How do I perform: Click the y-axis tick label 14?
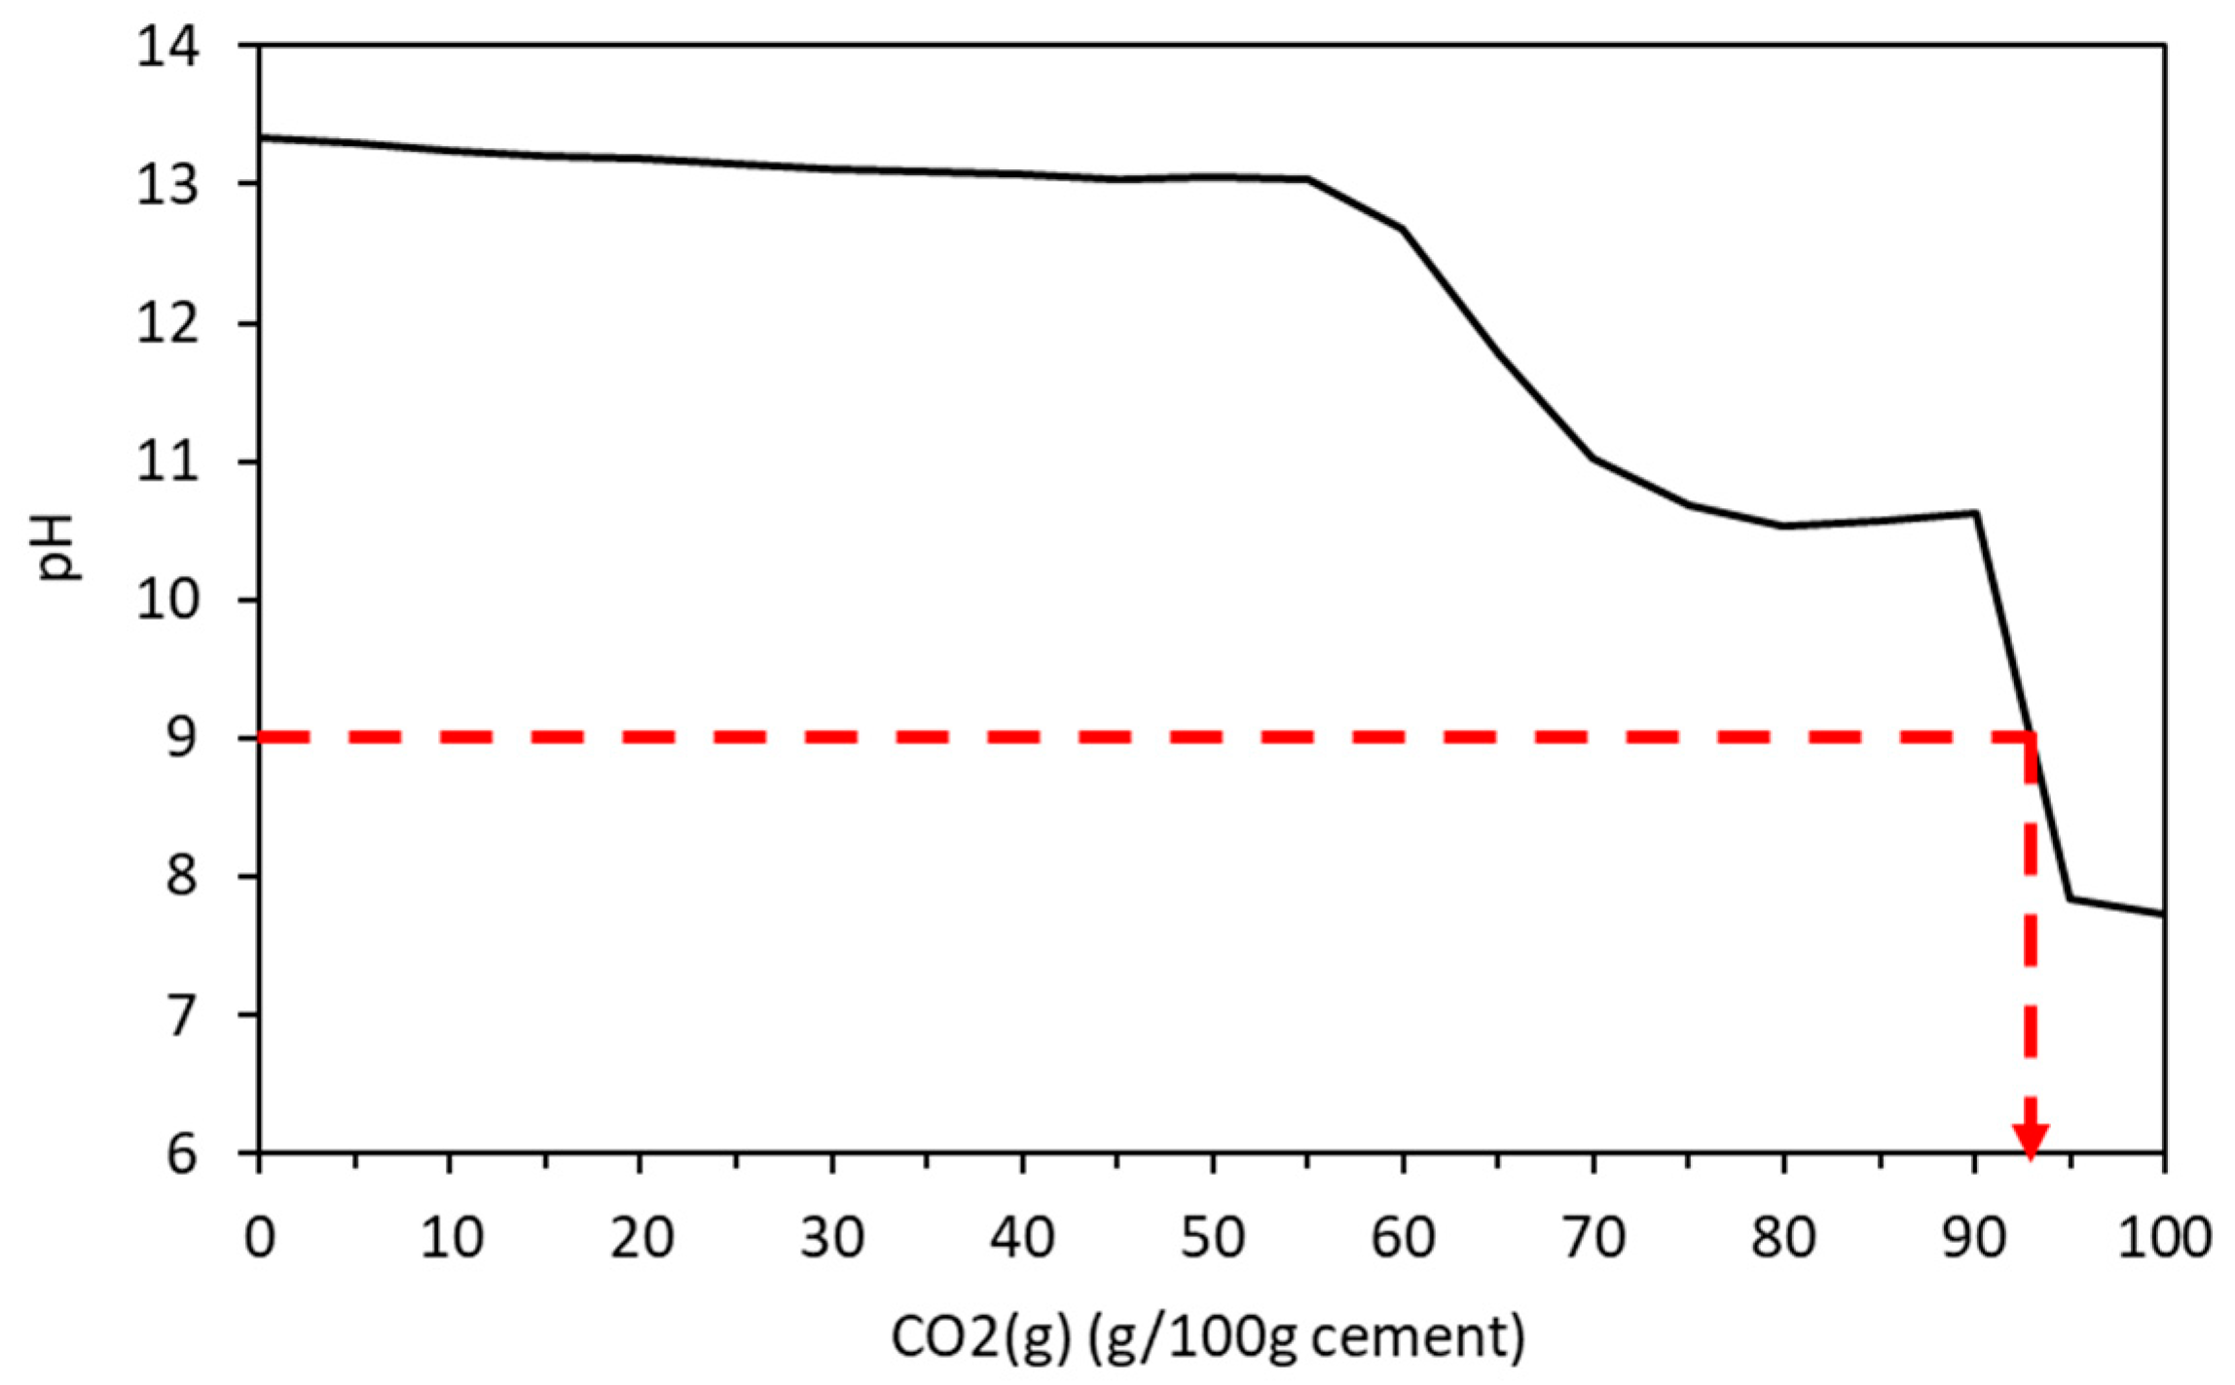[x=168, y=47]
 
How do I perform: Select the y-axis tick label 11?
[x=168, y=462]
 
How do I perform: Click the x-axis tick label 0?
[x=259, y=1238]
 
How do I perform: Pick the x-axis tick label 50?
[x=1213, y=1238]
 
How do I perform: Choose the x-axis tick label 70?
[x=1594, y=1238]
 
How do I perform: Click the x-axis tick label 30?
[x=832, y=1238]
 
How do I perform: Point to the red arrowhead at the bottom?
[x=2031, y=1142]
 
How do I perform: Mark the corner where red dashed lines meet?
[x=2031, y=739]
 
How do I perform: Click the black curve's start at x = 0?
[x=261, y=137]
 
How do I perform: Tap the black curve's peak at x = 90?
[x=1976, y=512]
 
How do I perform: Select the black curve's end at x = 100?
[x=2163, y=914]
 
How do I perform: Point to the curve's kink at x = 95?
[x=2070, y=898]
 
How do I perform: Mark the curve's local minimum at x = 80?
[x=1783, y=527]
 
